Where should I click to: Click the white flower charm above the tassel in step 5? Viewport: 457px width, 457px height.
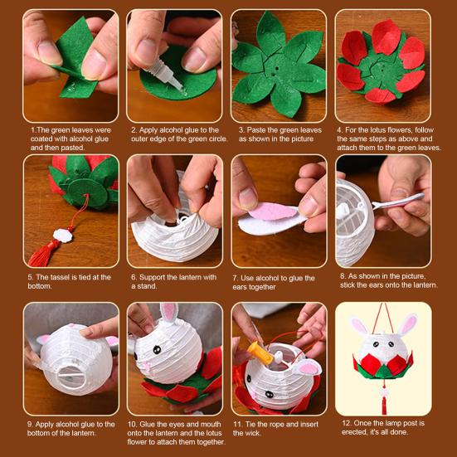point(63,236)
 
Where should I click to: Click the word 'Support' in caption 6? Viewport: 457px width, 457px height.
point(153,278)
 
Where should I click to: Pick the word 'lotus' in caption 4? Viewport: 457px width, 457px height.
point(388,130)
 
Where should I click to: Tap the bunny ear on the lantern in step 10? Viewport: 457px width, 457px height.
point(168,313)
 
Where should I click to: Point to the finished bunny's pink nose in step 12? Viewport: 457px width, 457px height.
point(382,348)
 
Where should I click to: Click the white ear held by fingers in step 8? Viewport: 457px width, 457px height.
point(398,201)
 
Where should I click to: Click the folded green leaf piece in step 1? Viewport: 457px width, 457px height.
point(75,57)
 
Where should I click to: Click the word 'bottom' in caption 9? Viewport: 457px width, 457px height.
point(38,433)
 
